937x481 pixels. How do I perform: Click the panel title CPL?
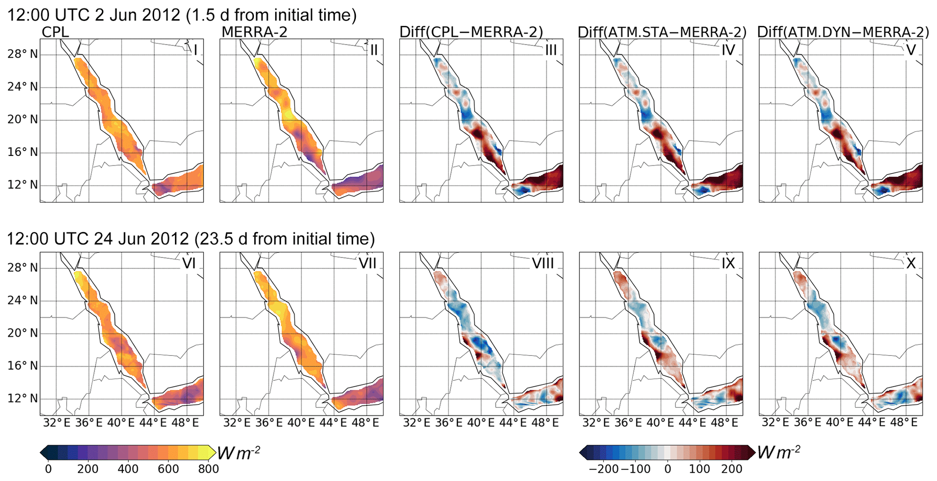(55, 32)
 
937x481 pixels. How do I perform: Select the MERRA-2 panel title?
(254, 32)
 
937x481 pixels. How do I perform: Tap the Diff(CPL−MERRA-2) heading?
(471, 32)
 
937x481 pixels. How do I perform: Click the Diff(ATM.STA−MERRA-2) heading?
(662, 32)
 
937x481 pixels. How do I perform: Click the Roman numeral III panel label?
(551, 50)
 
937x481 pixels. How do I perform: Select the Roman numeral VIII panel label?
(543, 263)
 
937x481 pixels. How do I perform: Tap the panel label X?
(910, 263)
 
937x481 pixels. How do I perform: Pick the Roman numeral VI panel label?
(189, 263)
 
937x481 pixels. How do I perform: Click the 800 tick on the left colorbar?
(209, 469)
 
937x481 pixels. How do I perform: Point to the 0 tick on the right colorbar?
(667, 469)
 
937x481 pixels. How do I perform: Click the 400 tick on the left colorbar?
(128, 469)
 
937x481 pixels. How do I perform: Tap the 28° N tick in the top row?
(22, 54)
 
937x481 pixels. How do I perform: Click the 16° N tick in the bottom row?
(22, 366)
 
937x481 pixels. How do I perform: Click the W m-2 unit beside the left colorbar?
(238, 453)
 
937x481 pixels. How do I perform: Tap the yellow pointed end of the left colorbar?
(212, 452)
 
